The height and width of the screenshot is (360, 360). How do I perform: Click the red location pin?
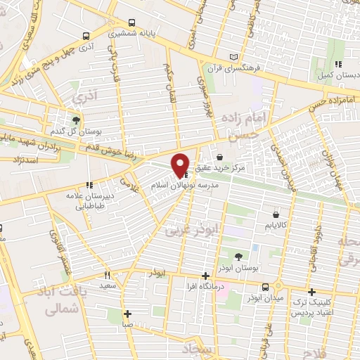click(181, 165)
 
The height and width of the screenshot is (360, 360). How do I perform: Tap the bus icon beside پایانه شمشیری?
click(131, 22)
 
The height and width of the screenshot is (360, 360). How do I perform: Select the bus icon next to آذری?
click(86, 37)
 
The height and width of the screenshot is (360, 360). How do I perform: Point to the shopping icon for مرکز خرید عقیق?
click(221, 157)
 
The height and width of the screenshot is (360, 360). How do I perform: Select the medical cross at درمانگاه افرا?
click(205, 276)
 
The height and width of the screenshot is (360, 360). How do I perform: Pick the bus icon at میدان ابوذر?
click(266, 287)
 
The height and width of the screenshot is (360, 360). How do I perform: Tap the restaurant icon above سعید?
click(108, 275)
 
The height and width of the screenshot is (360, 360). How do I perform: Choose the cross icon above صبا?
click(127, 314)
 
